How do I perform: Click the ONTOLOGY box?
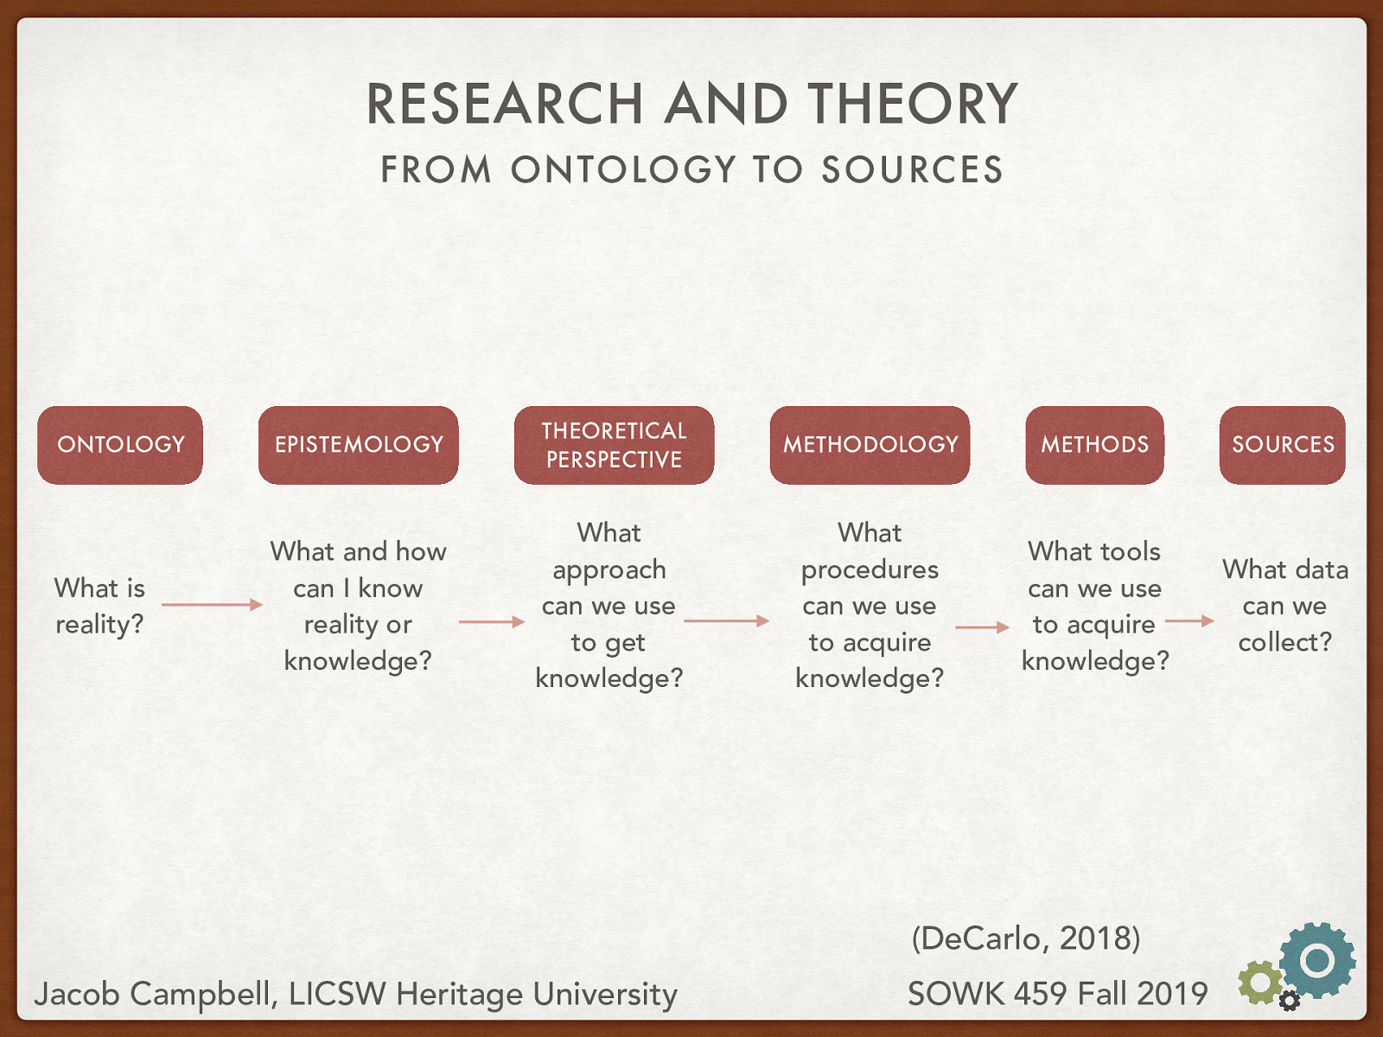[x=120, y=445]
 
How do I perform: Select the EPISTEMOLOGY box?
[x=359, y=445]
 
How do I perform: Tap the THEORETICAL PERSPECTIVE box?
[x=614, y=445]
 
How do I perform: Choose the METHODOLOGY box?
[x=870, y=445]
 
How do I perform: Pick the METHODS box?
[x=1094, y=445]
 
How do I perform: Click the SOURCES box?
[x=1283, y=445]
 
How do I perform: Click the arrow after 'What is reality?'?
[x=212, y=605]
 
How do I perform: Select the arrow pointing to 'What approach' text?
[x=491, y=621]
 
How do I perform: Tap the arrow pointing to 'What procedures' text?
[x=726, y=620]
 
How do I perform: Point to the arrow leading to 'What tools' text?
[x=982, y=627]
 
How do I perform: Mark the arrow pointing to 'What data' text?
[x=1189, y=620]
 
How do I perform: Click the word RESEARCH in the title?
[x=505, y=105]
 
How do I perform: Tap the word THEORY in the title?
[x=913, y=105]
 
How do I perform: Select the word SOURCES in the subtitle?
[x=912, y=170]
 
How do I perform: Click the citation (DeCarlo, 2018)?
[x=1026, y=938]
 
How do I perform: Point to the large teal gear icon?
[x=1317, y=960]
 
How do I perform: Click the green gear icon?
[x=1259, y=983]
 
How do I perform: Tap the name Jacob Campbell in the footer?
[x=154, y=994]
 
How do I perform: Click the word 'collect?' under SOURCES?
[x=1284, y=642]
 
